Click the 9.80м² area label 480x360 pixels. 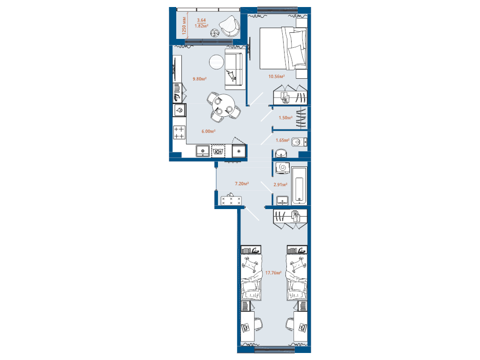[x=200, y=79]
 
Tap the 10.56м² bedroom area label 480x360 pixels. [x=277, y=76]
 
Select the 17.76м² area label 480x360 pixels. [x=273, y=272]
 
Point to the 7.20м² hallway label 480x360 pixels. [x=241, y=184]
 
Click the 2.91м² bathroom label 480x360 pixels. [x=280, y=185]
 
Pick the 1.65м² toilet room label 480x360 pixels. [x=282, y=140]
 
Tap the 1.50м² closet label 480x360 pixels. [x=285, y=118]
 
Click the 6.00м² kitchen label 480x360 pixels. [x=208, y=131]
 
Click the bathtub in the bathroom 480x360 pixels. [x=299, y=185]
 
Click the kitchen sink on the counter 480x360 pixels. [x=202, y=151]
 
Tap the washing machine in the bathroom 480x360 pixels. [x=282, y=168]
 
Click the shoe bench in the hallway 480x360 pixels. [x=232, y=201]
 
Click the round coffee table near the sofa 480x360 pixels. [x=216, y=61]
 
